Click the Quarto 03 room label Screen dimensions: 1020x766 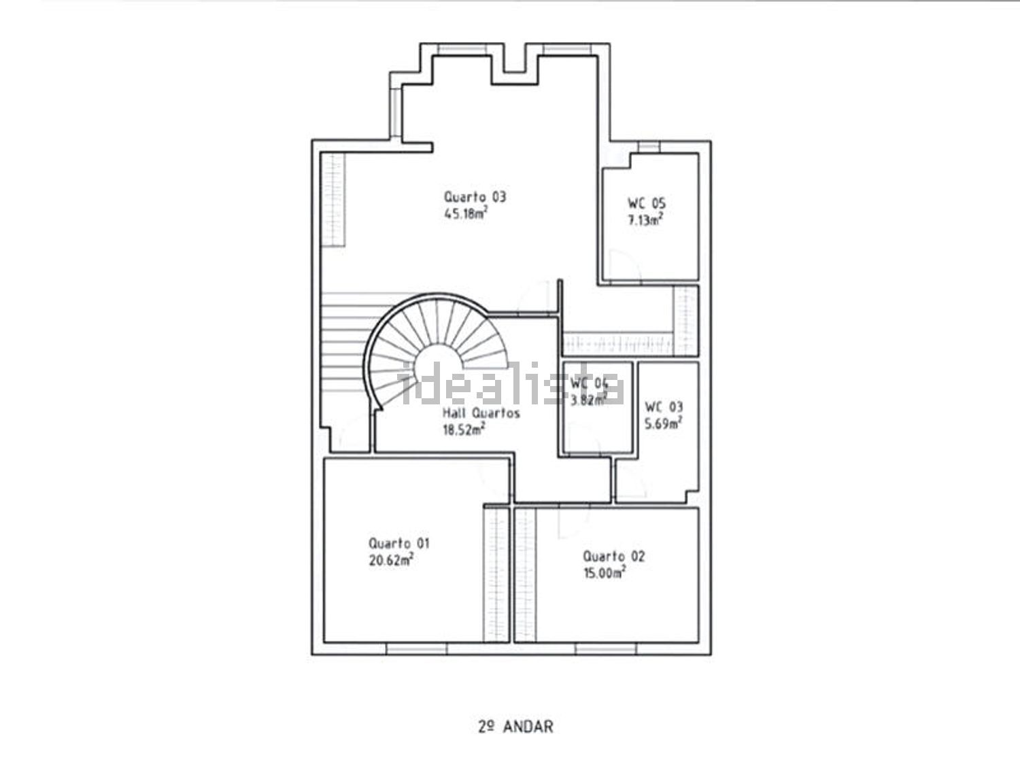[475, 197]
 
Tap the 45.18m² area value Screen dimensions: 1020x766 [466, 213]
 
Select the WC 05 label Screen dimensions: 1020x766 [647, 203]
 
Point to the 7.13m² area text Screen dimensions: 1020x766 [645, 220]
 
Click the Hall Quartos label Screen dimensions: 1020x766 [481, 413]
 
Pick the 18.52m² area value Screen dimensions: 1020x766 [464, 430]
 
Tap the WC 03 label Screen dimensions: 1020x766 [664, 407]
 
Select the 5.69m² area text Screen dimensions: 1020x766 [663, 423]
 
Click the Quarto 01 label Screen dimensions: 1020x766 [399, 543]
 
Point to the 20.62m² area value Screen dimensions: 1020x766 [391, 560]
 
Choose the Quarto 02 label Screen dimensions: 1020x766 [614, 556]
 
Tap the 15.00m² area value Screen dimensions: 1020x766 [604, 573]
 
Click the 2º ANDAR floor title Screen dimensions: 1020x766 [516, 727]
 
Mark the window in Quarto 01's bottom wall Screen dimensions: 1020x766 [416, 648]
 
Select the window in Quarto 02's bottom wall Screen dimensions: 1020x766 [605, 648]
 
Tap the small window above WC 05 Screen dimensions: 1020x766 [649, 147]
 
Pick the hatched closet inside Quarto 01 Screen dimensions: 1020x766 [496, 575]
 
